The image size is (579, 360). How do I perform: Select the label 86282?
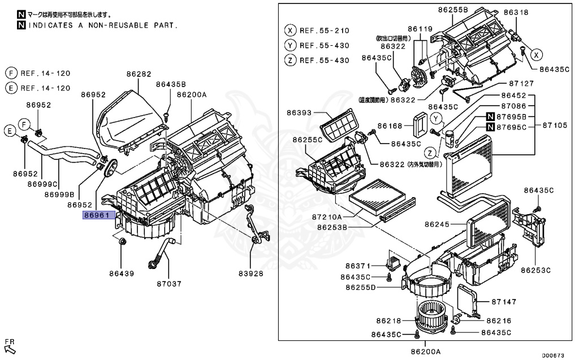point(139,74)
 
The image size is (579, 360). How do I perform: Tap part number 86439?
point(122,274)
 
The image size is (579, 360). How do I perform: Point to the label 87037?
point(168,284)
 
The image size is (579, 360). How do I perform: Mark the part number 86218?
point(387,320)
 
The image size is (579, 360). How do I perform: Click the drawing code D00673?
point(553,355)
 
